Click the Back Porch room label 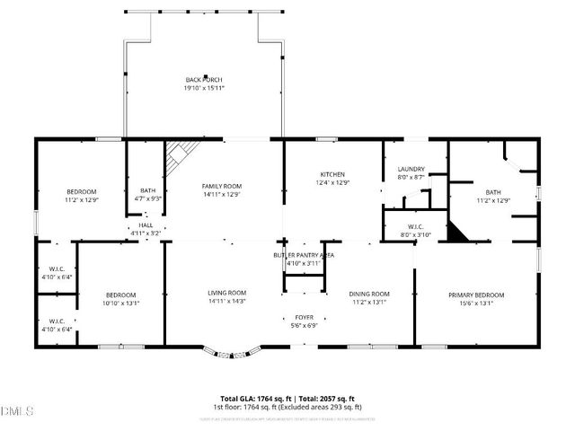(x=203, y=80)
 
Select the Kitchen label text (x=332, y=174)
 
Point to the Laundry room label (x=411, y=169)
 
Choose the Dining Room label (x=368, y=294)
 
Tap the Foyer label (x=298, y=318)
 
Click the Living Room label (x=227, y=293)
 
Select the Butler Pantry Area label (x=304, y=256)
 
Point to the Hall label (x=146, y=225)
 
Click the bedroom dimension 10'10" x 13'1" (x=121, y=303)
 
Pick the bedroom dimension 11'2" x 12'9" (x=82, y=199)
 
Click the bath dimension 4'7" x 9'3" (x=147, y=198)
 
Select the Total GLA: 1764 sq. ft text (x=253, y=398)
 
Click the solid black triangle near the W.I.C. (x=458, y=233)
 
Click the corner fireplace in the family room (x=177, y=154)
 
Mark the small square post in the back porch (x=206, y=77)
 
